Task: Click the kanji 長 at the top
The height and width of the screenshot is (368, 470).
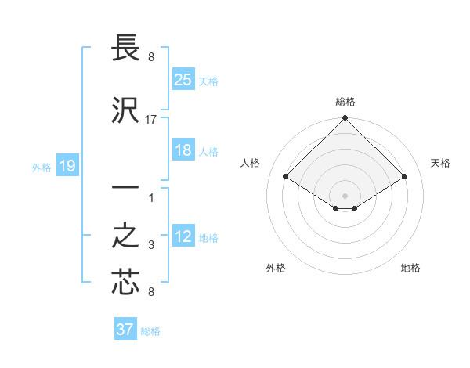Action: pyautogui.click(x=125, y=49)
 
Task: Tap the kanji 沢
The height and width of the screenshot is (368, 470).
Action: pyautogui.click(x=125, y=110)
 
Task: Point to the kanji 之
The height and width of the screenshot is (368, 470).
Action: pyautogui.click(x=125, y=236)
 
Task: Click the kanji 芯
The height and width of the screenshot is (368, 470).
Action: pyautogui.click(x=125, y=282)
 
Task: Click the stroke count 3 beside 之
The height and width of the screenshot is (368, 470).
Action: pyautogui.click(x=151, y=245)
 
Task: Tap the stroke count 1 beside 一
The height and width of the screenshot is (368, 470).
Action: pyautogui.click(x=151, y=197)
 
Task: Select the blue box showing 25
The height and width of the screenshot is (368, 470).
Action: pyautogui.click(x=183, y=79)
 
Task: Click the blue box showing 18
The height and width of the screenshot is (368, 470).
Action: pyautogui.click(x=183, y=150)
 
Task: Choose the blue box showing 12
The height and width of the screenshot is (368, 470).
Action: pyautogui.click(x=183, y=236)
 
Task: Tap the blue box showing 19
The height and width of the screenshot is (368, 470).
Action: pyautogui.click(x=67, y=166)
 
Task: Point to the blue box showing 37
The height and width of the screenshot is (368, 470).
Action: pyautogui.click(x=125, y=330)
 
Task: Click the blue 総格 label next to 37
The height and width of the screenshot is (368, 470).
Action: pyautogui.click(x=150, y=331)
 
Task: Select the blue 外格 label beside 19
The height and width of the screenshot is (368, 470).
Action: pyautogui.click(x=42, y=167)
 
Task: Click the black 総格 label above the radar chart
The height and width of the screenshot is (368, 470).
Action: pyautogui.click(x=345, y=102)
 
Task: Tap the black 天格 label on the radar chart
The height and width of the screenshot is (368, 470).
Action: pyautogui.click(x=440, y=163)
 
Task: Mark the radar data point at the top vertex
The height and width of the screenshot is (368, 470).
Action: pyautogui.click(x=345, y=119)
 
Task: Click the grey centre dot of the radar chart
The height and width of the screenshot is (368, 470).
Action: pyautogui.click(x=345, y=194)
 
